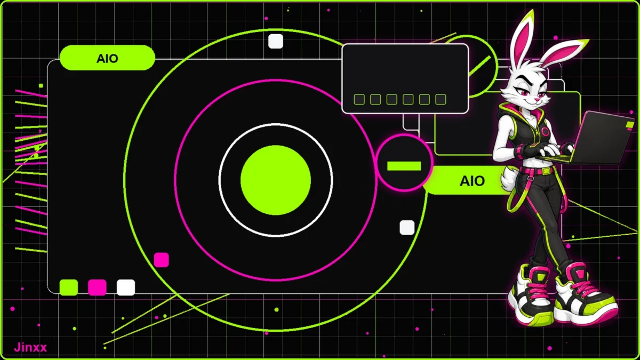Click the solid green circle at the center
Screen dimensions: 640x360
[x=276, y=180]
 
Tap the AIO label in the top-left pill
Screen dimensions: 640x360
[x=107, y=59]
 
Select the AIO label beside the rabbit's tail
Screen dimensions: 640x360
[x=472, y=181]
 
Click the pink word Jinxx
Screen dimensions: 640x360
[x=30, y=347]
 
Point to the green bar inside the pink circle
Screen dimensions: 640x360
[x=404, y=166]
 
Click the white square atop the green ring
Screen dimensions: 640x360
[x=276, y=41]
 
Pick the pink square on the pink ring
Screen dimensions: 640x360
[x=162, y=260]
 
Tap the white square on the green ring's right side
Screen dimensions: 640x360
[x=407, y=227]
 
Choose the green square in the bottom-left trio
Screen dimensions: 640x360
[x=69, y=287]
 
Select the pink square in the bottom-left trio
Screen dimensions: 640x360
[x=97, y=287]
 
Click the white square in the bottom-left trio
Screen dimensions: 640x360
[x=126, y=287]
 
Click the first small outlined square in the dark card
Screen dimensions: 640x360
[x=359, y=99]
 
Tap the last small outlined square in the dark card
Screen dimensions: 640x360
[x=441, y=99]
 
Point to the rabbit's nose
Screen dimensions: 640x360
[x=537, y=100]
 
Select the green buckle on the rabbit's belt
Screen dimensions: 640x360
[x=547, y=171]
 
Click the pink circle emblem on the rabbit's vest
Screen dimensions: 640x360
[x=545, y=131]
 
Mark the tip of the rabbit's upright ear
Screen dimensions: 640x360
[x=532, y=10]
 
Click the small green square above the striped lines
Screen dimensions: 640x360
[x=41, y=86]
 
